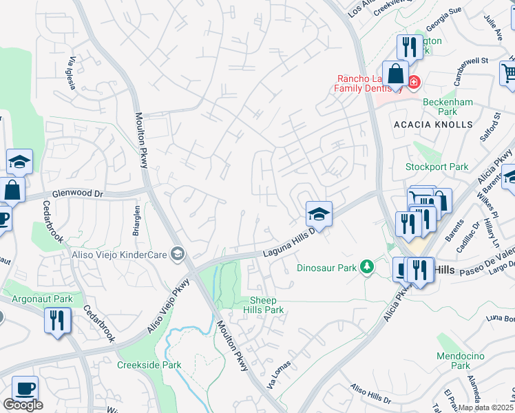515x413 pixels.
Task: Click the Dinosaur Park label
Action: click(326, 267)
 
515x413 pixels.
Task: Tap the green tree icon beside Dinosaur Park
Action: click(368, 266)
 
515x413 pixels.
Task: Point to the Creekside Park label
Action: click(149, 365)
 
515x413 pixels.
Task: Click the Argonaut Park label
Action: click(43, 299)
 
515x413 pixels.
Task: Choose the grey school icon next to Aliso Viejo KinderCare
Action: click(178, 255)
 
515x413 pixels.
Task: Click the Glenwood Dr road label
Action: click(72, 195)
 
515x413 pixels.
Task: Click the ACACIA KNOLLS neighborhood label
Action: click(434, 125)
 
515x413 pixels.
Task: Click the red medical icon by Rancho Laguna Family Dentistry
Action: click(413, 83)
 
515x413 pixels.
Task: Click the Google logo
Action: click(23, 405)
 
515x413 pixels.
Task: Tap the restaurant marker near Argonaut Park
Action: click(57, 321)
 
